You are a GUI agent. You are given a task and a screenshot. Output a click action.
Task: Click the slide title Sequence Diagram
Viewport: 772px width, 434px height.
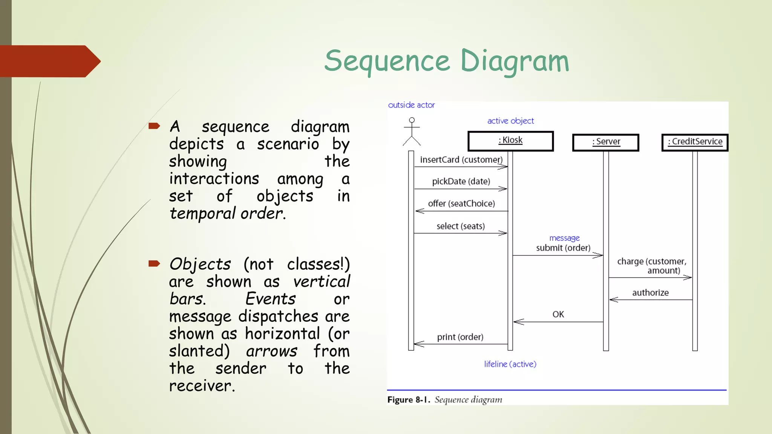click(447, 61)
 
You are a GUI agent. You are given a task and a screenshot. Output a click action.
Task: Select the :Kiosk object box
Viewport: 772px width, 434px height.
click(510, 141)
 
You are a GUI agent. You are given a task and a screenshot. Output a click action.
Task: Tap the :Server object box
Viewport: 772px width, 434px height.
click(605, 142)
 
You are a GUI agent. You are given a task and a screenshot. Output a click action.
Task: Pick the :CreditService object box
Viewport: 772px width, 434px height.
click(695, 142)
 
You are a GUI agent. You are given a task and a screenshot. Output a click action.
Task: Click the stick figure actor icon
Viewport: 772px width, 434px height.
click(412, 131)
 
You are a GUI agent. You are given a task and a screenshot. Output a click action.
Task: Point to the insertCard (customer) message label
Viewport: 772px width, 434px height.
click(461, 160)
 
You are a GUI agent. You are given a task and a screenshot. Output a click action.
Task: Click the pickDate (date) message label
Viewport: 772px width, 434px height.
click(461, 182)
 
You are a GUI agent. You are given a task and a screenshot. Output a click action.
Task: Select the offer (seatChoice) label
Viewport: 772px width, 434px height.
click(461, 204)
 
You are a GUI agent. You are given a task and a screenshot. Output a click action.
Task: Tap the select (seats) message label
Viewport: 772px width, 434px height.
click(461, 226)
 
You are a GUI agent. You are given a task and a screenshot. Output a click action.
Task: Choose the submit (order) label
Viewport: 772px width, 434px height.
click(563, 248)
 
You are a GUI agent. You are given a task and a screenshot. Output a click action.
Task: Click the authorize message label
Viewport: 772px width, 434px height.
click(650, 293)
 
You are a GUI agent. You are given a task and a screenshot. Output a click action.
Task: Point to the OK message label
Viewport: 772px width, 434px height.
click(558, 314)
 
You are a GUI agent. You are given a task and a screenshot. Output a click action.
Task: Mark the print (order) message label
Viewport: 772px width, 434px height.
click(460, 337)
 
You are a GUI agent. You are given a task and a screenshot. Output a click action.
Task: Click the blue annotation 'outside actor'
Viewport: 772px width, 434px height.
click(411, 105)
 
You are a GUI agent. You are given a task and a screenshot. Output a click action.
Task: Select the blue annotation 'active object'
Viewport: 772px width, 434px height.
click(510, 121)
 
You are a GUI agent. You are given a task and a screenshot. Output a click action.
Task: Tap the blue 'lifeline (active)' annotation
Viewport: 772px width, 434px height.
click(510, 364)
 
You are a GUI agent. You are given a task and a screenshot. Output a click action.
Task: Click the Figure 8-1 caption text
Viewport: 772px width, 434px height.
click(445, 400)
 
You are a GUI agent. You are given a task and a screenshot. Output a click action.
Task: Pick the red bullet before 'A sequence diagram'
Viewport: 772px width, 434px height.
click(154, 126)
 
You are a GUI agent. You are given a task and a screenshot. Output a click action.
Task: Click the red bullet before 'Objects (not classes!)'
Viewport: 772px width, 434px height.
click(154, 263)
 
